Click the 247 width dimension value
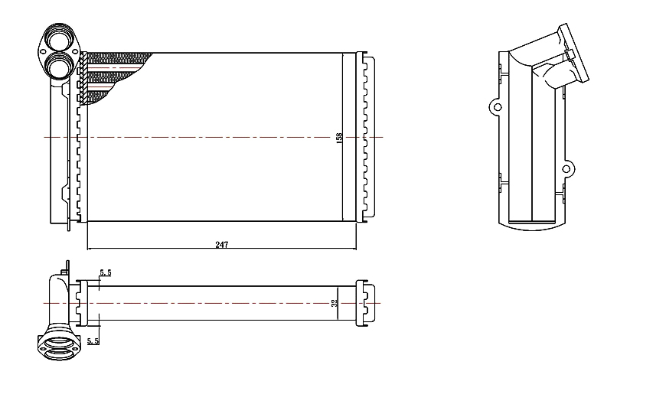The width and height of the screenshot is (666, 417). click(x=222, y=245)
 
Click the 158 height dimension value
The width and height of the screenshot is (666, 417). click(x=339, y=138)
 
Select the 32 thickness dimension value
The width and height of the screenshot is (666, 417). click(x=334, y=303)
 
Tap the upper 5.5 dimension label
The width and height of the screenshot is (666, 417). click(x=106, y=272)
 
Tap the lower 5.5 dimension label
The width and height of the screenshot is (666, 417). click(x=93, y=340)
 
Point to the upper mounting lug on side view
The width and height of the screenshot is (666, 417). click(x=496, y=106)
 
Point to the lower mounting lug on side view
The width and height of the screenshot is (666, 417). click(x=567, y=169)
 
